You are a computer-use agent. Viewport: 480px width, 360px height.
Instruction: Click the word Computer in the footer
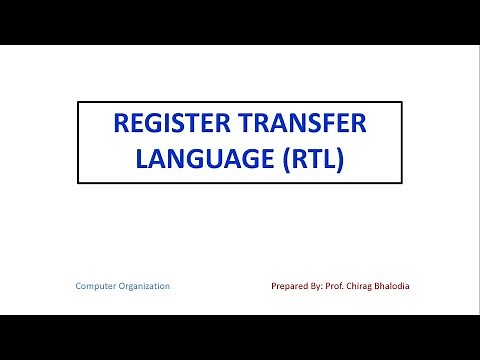96,286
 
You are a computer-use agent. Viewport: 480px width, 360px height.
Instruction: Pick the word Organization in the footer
145,286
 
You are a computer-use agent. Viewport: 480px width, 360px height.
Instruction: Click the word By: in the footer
325,286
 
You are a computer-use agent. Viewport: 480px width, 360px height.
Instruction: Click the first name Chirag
375,286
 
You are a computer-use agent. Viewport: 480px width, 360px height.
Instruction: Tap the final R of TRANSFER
358,125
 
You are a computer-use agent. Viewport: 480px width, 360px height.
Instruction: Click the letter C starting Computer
79,286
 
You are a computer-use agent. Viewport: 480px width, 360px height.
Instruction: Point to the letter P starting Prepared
275,286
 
